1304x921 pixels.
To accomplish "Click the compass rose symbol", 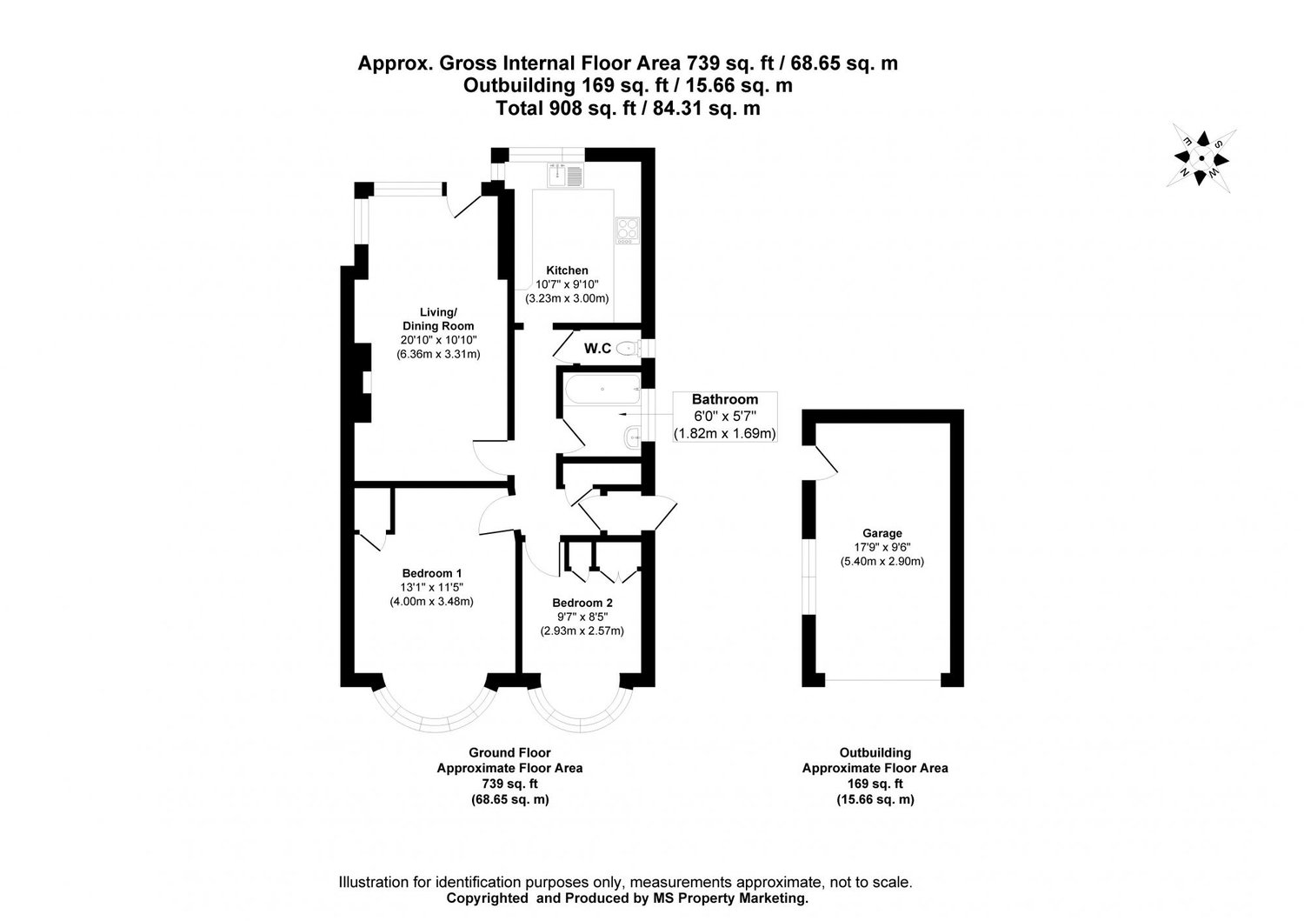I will coord(1201,157).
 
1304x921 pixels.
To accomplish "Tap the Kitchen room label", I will coord(567,270).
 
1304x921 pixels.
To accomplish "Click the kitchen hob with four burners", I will coord(627,230).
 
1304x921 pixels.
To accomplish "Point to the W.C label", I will coord(596,349).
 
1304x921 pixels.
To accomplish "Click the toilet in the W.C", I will coord(624,350).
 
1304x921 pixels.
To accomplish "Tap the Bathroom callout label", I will coord(724,399).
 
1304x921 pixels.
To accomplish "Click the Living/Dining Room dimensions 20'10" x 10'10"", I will coord(438,340).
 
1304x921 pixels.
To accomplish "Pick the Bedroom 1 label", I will coord(431,573).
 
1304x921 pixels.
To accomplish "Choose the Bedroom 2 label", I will coord(582,603).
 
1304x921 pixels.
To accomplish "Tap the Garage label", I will coord(882,533).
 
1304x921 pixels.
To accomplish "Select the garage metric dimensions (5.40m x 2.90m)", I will coord(882,562).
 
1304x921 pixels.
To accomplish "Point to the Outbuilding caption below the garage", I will coord(875,753).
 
